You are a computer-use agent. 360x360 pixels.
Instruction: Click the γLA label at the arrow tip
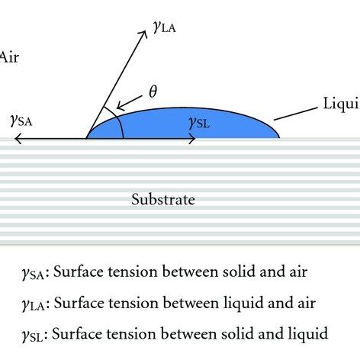(166, 27)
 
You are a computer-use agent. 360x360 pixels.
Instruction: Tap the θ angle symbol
(153, 92)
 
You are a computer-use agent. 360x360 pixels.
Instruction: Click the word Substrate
(162, 200)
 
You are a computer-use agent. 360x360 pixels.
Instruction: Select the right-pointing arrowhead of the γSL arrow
(196, 139)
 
